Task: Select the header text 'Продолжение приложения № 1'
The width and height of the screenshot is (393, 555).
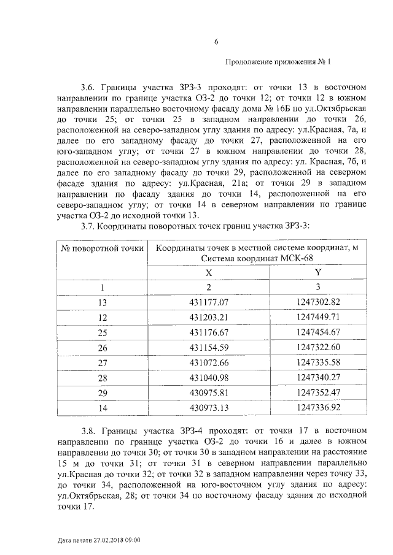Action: click(278, 61)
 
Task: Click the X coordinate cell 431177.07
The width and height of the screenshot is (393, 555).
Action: click(209, 302)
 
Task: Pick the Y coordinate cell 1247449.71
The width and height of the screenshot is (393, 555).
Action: click(317, 317)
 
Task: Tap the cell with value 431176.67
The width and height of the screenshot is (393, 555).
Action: click(209, 332)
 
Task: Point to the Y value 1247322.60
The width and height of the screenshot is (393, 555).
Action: click(317, 347)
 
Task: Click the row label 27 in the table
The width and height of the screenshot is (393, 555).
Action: click(103, 362)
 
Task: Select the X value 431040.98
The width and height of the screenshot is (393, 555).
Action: click(209, 377)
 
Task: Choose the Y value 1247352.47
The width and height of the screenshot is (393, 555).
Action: click(317, 392)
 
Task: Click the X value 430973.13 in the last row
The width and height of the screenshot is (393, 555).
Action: click(209, 407)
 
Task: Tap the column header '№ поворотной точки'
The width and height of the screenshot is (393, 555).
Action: click(102, 248)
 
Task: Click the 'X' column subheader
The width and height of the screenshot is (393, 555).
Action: click(209, 272)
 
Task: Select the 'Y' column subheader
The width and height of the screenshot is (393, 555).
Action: click(317, 272)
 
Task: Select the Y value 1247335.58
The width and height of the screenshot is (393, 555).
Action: click(317, 362)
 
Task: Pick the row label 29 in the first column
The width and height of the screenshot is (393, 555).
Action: click(103, 392)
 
